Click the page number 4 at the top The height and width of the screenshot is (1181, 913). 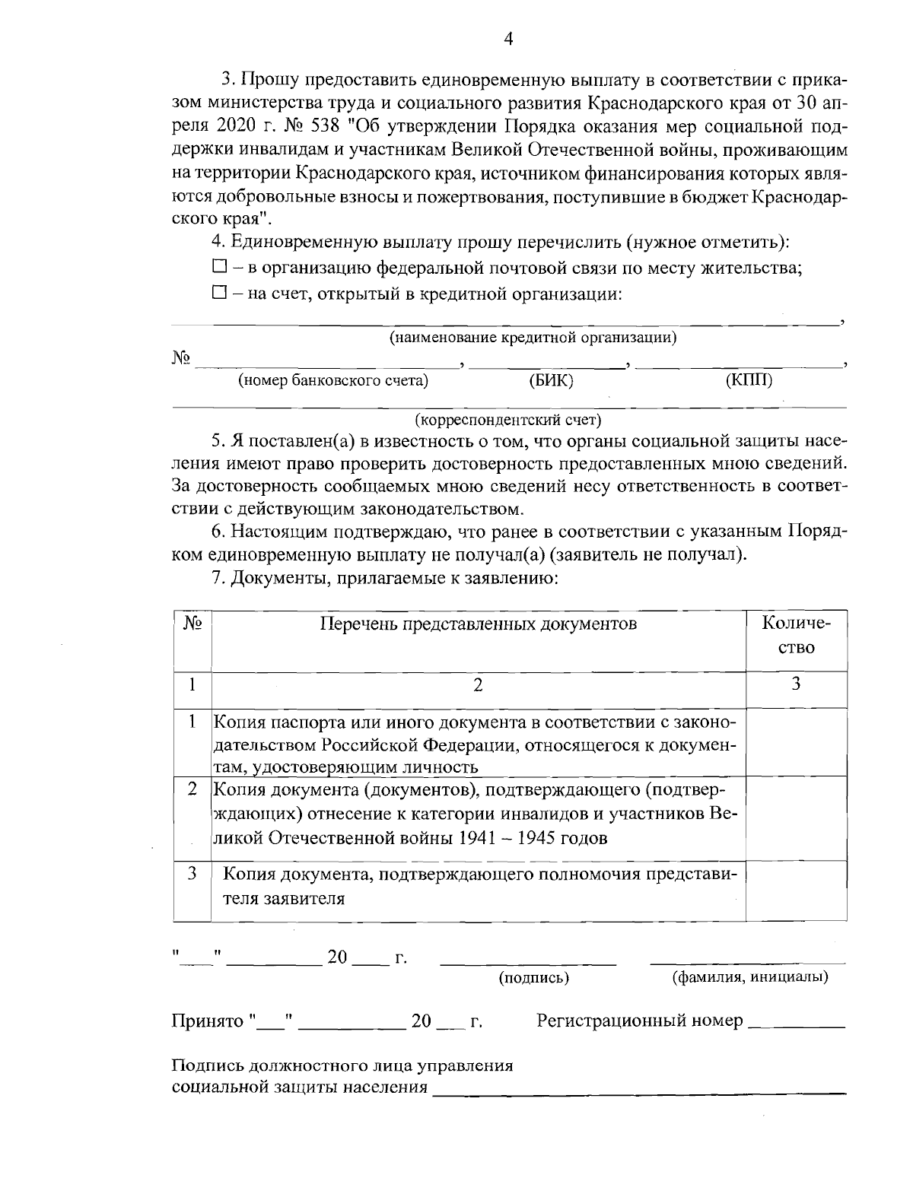click(508, 40)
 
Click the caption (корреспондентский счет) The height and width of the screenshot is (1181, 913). click(508, 420)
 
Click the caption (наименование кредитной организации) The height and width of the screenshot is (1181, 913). click(533, 337)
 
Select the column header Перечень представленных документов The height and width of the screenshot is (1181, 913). click(478, 624)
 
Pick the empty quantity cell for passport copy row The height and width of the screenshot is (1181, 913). click(796, 742)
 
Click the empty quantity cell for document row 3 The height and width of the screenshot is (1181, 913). click(796, 891)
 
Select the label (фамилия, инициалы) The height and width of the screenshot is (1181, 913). click(749, 976)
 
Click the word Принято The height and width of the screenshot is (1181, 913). click(206, 1021)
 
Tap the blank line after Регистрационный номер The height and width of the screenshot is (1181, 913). click(797, 1024)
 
